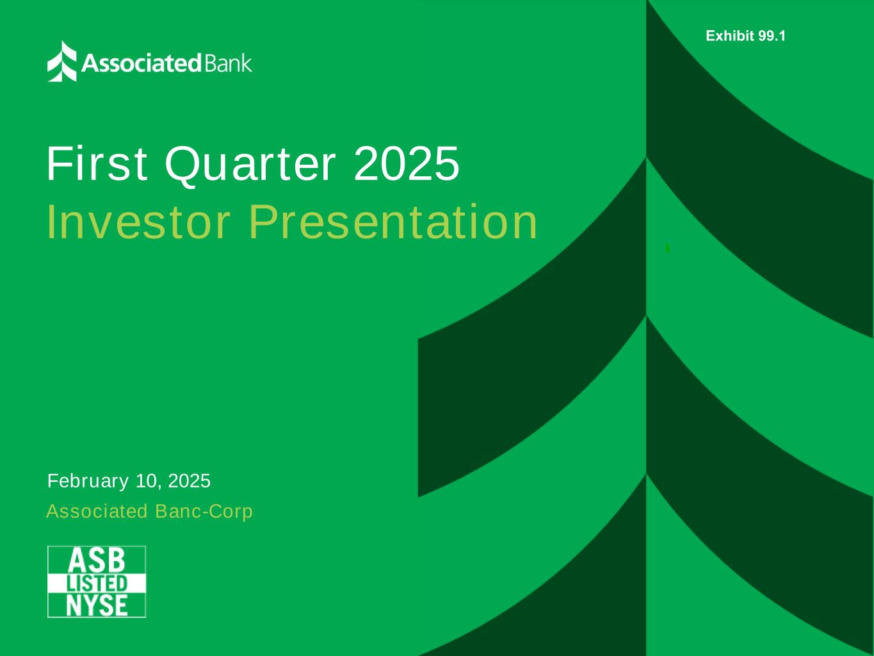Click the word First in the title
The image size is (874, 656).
[97, 164]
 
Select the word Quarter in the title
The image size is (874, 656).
[250, 165]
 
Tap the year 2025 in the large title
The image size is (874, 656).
[407, 163]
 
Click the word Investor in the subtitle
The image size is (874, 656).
[138, 222]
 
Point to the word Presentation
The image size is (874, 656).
[393, 222]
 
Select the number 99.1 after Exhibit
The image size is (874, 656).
[772, 36]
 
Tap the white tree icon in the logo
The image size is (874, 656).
[61, 61]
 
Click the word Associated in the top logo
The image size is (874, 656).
[142, 63]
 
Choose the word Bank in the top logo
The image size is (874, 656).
[229, 63]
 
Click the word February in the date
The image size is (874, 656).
[88, 481]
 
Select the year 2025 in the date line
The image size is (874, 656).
[189, 480]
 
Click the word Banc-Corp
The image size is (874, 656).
[204, 511]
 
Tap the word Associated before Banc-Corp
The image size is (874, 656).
[97, 511]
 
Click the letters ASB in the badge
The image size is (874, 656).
[96, 561]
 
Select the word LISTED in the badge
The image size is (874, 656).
[97, 584]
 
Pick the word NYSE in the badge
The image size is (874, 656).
[97, 605]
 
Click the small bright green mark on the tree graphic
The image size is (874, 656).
[668, 248]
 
